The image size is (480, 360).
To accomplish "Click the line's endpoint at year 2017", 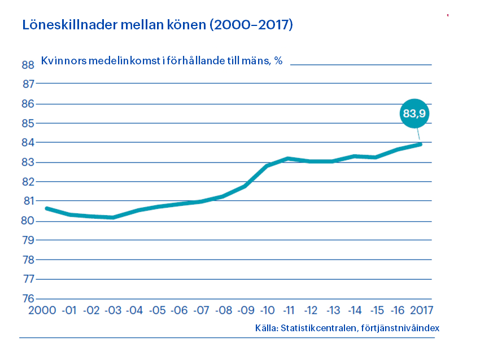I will (x=420, y=144).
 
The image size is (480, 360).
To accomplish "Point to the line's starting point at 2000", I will (x=47, y=208).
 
